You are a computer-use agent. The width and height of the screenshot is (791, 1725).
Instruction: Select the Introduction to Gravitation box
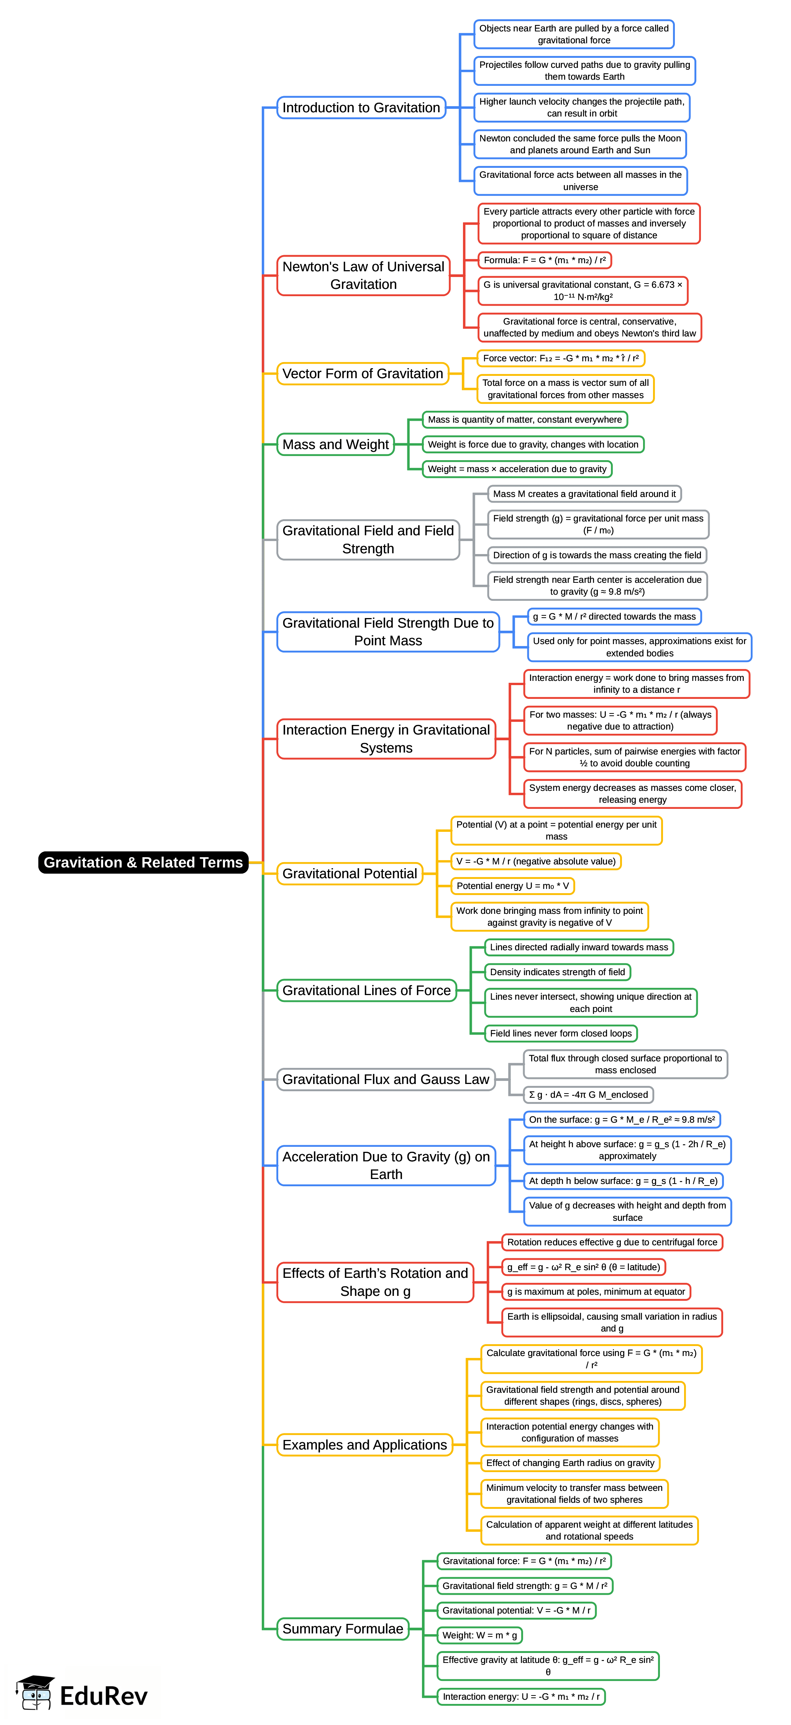(x=361, y=108)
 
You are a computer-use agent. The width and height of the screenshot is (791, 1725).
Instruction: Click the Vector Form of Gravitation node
(x=362, y=374)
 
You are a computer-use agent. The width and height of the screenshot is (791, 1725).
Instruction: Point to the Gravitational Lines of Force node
(x=366, y=990)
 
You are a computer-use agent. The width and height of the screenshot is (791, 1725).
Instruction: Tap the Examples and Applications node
(x=364, y=1445)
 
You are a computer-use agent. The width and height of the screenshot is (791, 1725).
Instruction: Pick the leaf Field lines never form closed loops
(x=561, y=1033)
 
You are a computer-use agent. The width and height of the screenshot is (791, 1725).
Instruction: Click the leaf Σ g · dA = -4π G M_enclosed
(x=588, y=1095)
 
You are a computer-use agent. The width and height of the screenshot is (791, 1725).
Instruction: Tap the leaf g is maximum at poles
(x=596, y=1292)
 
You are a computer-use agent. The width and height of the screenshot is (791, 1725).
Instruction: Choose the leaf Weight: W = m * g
(x=479, y=1635)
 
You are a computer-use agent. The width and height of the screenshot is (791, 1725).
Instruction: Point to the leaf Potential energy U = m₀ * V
(x=512, y=886)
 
